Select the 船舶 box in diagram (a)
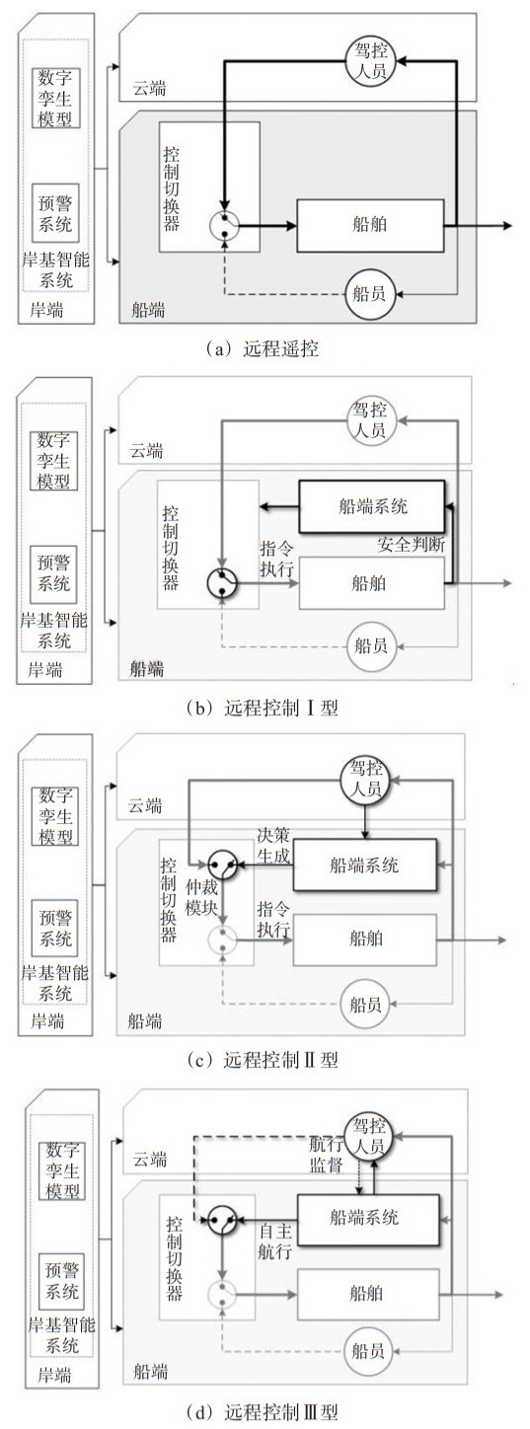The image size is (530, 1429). click(370, 225)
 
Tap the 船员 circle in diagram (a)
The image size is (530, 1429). click(369, 293)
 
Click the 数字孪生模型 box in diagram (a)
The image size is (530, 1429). click(56, 99)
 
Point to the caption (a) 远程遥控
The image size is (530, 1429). click(263, 348)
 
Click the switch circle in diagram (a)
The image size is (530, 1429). click(224, 225)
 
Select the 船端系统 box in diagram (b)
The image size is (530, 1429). click(372, 506)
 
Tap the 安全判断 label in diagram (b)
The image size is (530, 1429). click(411, 545)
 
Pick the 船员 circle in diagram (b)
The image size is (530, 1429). click(371, 646)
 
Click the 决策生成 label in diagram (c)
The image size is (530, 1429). click(273, 846)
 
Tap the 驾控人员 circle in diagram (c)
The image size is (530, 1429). click(366, 779)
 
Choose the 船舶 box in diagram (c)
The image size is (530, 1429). click(365, 939)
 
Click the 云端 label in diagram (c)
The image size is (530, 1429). click(145, 805)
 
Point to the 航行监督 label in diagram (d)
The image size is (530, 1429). click(326, 1154)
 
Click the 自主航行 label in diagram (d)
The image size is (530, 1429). click(275, 1241)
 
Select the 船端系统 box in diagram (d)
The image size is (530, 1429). click(368, 1219)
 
